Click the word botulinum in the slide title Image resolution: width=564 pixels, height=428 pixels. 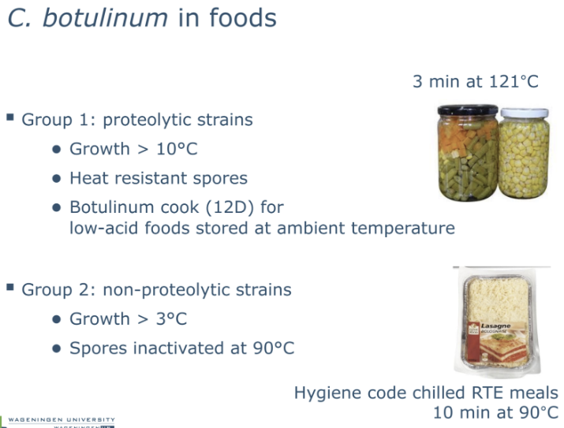104,17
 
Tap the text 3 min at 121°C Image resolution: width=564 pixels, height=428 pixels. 475,81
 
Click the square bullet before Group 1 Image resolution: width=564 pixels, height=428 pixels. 10,117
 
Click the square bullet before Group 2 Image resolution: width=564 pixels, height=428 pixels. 10,288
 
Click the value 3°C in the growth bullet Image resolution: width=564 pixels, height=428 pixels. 171,319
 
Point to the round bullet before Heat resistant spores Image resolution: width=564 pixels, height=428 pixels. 56,179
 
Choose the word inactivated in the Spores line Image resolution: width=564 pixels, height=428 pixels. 173,348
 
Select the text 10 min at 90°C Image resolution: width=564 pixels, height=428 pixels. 495,412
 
